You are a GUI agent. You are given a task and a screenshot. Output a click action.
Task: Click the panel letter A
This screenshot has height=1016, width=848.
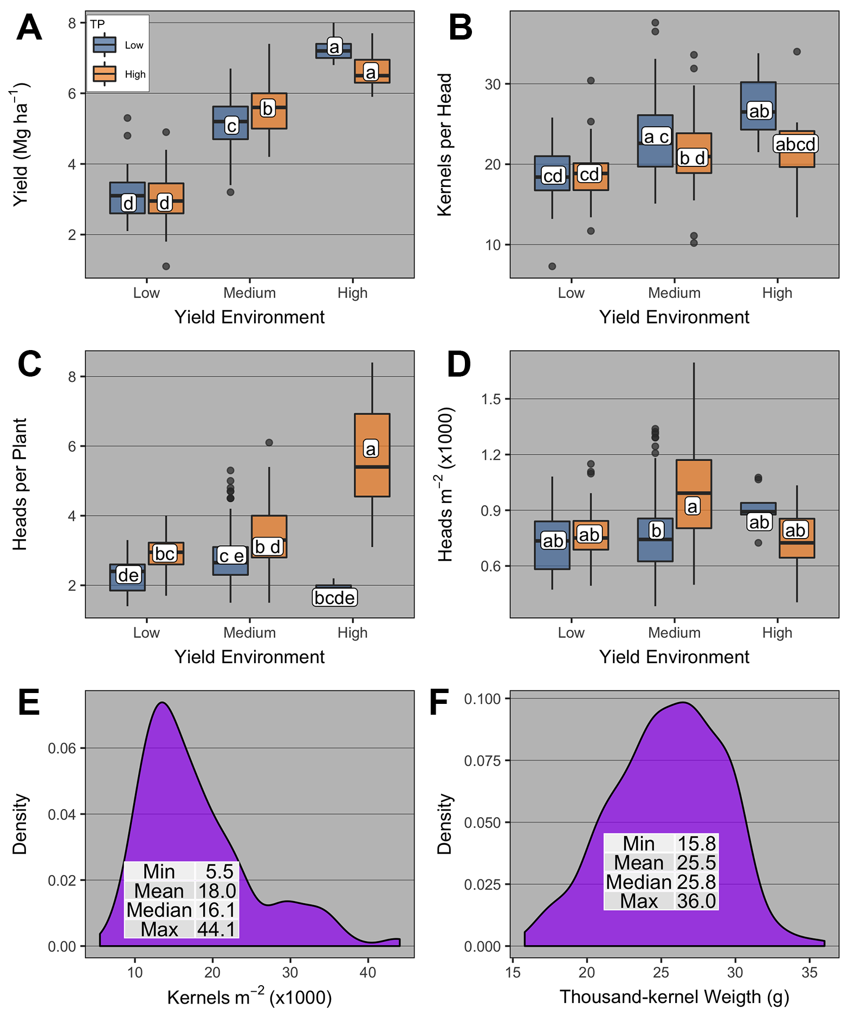(x=29, y=28)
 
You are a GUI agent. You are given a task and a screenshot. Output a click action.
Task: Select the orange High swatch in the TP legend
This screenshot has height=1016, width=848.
(x=105, y=74)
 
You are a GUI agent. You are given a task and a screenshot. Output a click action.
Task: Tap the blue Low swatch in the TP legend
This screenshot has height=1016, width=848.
(x=105, y=44)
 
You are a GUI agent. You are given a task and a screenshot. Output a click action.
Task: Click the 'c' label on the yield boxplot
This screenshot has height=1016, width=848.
(x=231, y=126)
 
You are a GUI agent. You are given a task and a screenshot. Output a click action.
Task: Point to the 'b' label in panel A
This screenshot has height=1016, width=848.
(x=268, y=108)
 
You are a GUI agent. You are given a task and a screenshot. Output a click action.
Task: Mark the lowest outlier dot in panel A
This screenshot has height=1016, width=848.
(x=166, y=266)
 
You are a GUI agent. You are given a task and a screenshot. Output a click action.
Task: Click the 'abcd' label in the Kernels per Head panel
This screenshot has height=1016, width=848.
(x=795, y=144)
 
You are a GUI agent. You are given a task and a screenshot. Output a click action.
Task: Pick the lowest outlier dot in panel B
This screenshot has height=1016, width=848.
(x=552, y=266)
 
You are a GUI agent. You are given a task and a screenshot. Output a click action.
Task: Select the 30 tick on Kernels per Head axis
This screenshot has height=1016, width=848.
(x=493, y=84)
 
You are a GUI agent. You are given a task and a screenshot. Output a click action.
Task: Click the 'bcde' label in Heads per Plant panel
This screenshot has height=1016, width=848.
(x=335, y=598)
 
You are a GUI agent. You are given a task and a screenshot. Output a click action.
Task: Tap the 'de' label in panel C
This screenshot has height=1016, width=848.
(x=128, y=575)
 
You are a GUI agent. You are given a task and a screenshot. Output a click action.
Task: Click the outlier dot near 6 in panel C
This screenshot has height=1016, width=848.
(x=269, y=443)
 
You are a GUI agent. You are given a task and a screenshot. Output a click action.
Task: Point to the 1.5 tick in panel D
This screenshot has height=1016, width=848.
(x=491, y=399)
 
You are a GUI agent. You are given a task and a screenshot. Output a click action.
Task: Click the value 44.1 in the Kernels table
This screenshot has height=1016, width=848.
(x=217, y=929)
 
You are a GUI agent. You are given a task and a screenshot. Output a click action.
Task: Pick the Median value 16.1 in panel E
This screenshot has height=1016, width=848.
(x=217, y=910)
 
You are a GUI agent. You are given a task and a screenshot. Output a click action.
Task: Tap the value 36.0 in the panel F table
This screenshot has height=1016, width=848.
(x=697, y=901)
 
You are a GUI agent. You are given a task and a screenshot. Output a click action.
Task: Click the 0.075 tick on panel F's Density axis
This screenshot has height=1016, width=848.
(x=482, y=761)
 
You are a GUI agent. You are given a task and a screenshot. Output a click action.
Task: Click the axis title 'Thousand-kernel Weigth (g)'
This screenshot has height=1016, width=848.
(x=674, y=996)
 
